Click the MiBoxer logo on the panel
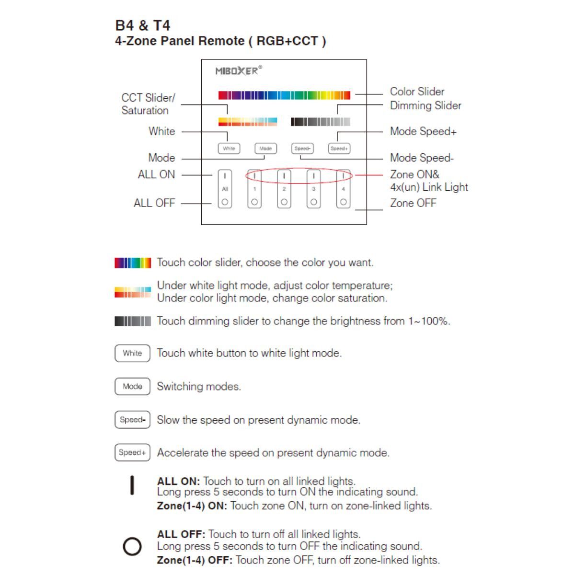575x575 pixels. click(x=238, y=71)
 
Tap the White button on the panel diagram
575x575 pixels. click(x=229, y=149)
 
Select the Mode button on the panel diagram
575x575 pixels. click(x=265, y=149)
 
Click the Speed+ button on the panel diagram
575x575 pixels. click(x=339, y=149)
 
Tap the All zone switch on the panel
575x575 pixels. click(x=225, y=189)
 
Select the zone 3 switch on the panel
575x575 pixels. click(x=313, y=189)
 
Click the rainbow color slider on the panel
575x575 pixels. click(x=284, y=95)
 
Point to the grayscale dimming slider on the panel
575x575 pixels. click(x=321, y=122)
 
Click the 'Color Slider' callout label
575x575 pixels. click(x=417, y=92)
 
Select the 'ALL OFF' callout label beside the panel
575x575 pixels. click(x=154, y=203)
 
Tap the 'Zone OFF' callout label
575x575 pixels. click(x=413, y=203)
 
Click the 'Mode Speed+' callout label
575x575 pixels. click(x=423, y=131)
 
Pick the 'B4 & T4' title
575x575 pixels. click(x=143, y=25)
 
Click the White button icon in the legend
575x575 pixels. click(x=132, y=353)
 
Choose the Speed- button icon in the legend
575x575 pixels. click(x=132, y=420)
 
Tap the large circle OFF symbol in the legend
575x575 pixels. click(x=132, y=546)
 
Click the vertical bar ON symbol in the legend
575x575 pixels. click(x=132, y=485)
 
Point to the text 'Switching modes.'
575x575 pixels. click(x=199, y=386)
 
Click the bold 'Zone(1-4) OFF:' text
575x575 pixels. click(x=195, y=560)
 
